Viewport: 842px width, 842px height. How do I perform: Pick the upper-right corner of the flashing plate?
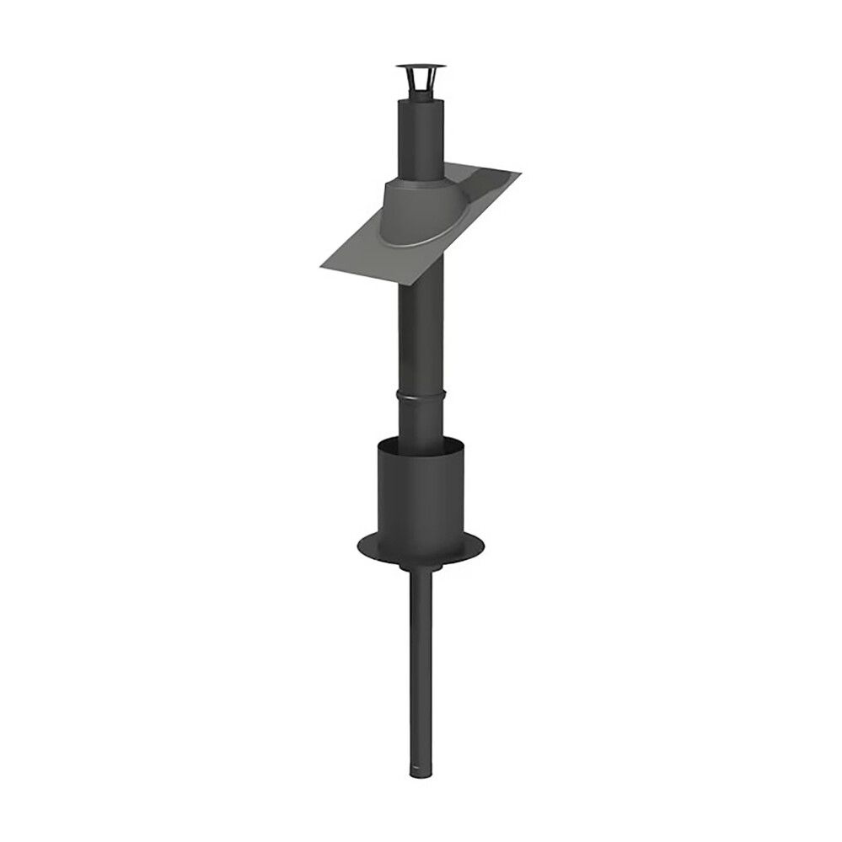point(518,175)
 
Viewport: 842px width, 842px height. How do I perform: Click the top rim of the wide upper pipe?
point(417,104)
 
